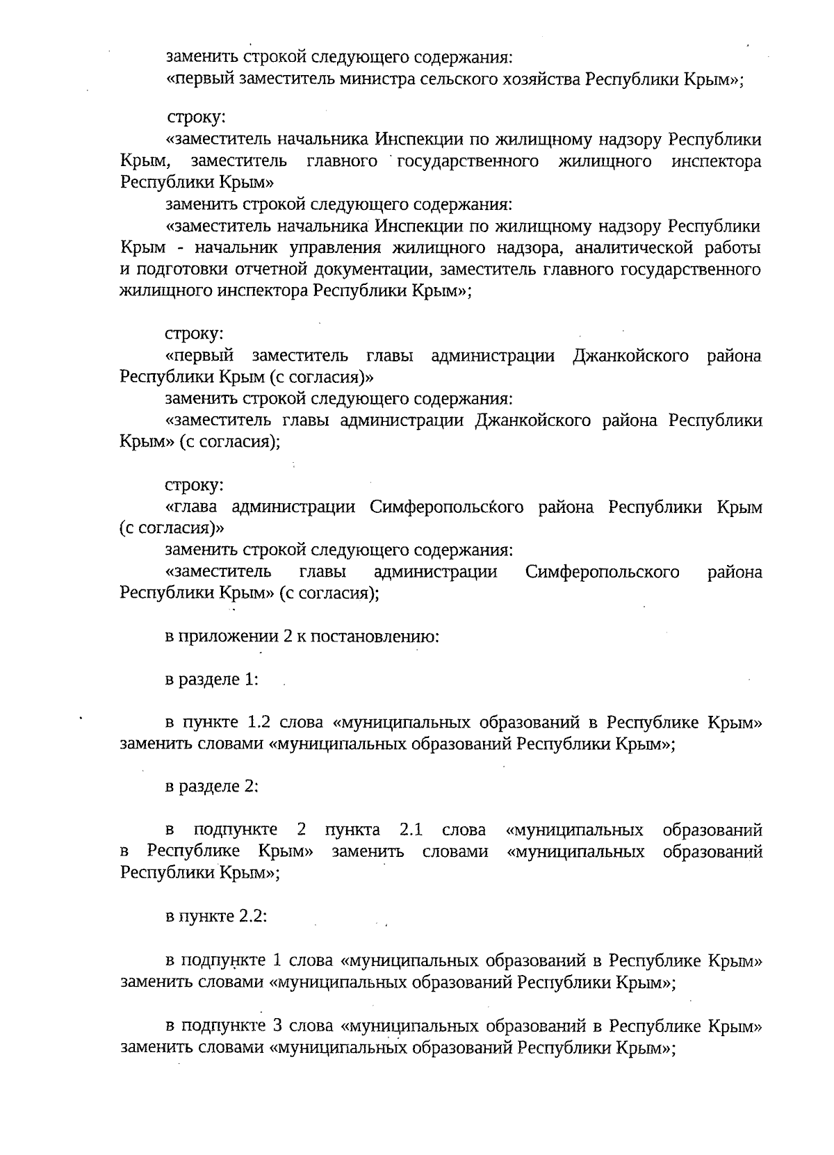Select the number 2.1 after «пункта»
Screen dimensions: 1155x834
411,830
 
